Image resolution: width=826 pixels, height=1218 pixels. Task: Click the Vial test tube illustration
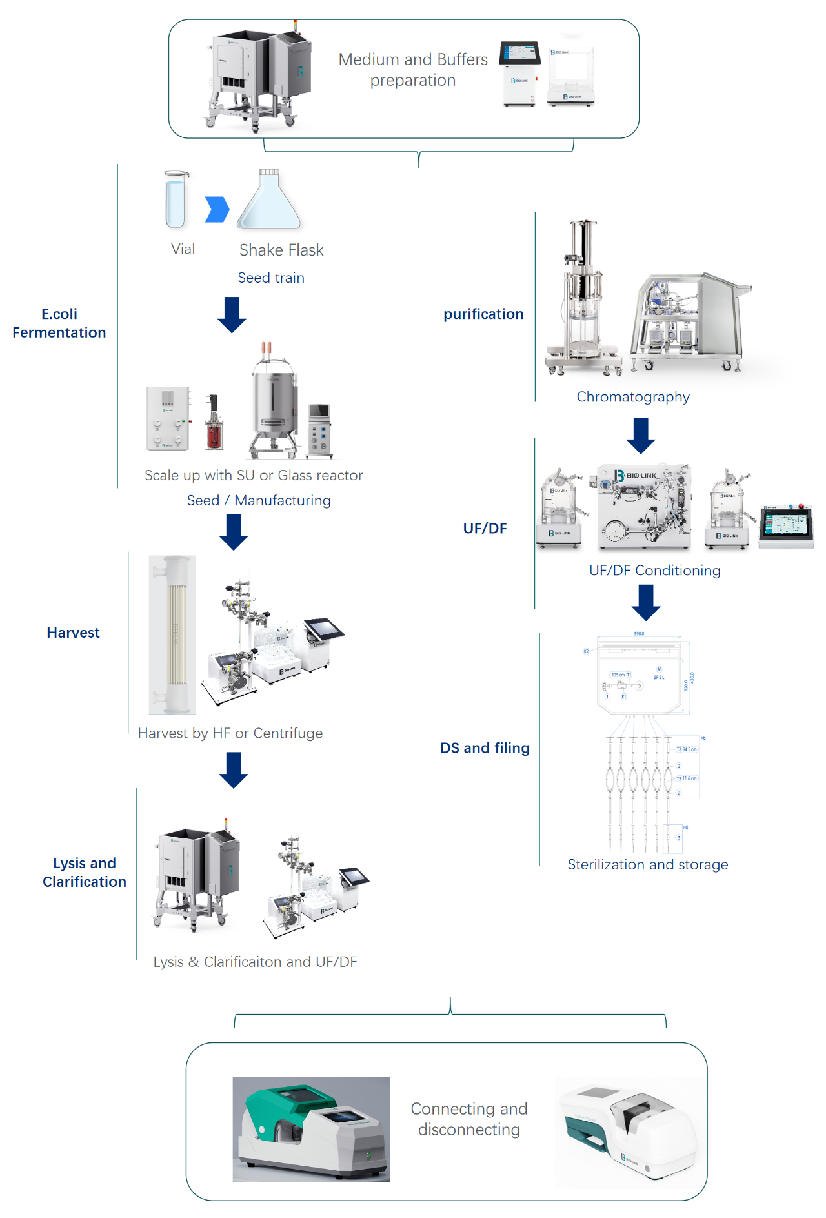tap(176, 199)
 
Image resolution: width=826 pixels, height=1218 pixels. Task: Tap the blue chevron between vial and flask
tap(217, 209)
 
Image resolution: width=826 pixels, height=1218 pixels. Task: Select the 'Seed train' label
tap(271, 278)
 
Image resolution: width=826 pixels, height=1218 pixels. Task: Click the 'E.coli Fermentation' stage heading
tap(59, 323)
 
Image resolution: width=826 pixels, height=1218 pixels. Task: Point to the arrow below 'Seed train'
tap(232, 314)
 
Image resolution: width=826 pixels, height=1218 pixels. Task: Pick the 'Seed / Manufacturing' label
tap(259, 500)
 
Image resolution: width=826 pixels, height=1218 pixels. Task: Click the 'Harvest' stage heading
tap(73, 633)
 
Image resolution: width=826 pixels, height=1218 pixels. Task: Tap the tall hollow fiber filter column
tap(172, 634)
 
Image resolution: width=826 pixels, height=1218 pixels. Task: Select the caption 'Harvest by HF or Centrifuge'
tap(230, 733)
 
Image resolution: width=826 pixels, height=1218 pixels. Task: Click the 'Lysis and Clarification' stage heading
tap(85, 872)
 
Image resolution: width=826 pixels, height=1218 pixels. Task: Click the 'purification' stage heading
tap(483, 314)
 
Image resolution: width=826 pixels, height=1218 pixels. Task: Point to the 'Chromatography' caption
tap(633, 397)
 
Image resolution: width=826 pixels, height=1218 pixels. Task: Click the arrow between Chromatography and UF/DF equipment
tap(641, 435)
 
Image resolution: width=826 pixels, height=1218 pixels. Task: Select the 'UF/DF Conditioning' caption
tap(654, 571)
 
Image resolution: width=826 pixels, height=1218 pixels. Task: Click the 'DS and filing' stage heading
tap(485, 748)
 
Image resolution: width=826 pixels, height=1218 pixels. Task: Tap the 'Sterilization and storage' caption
tap(647, 865)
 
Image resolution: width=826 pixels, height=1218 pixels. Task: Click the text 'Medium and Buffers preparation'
tap(413, 70)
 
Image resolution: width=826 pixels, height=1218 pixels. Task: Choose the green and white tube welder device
tap(311, 1129)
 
